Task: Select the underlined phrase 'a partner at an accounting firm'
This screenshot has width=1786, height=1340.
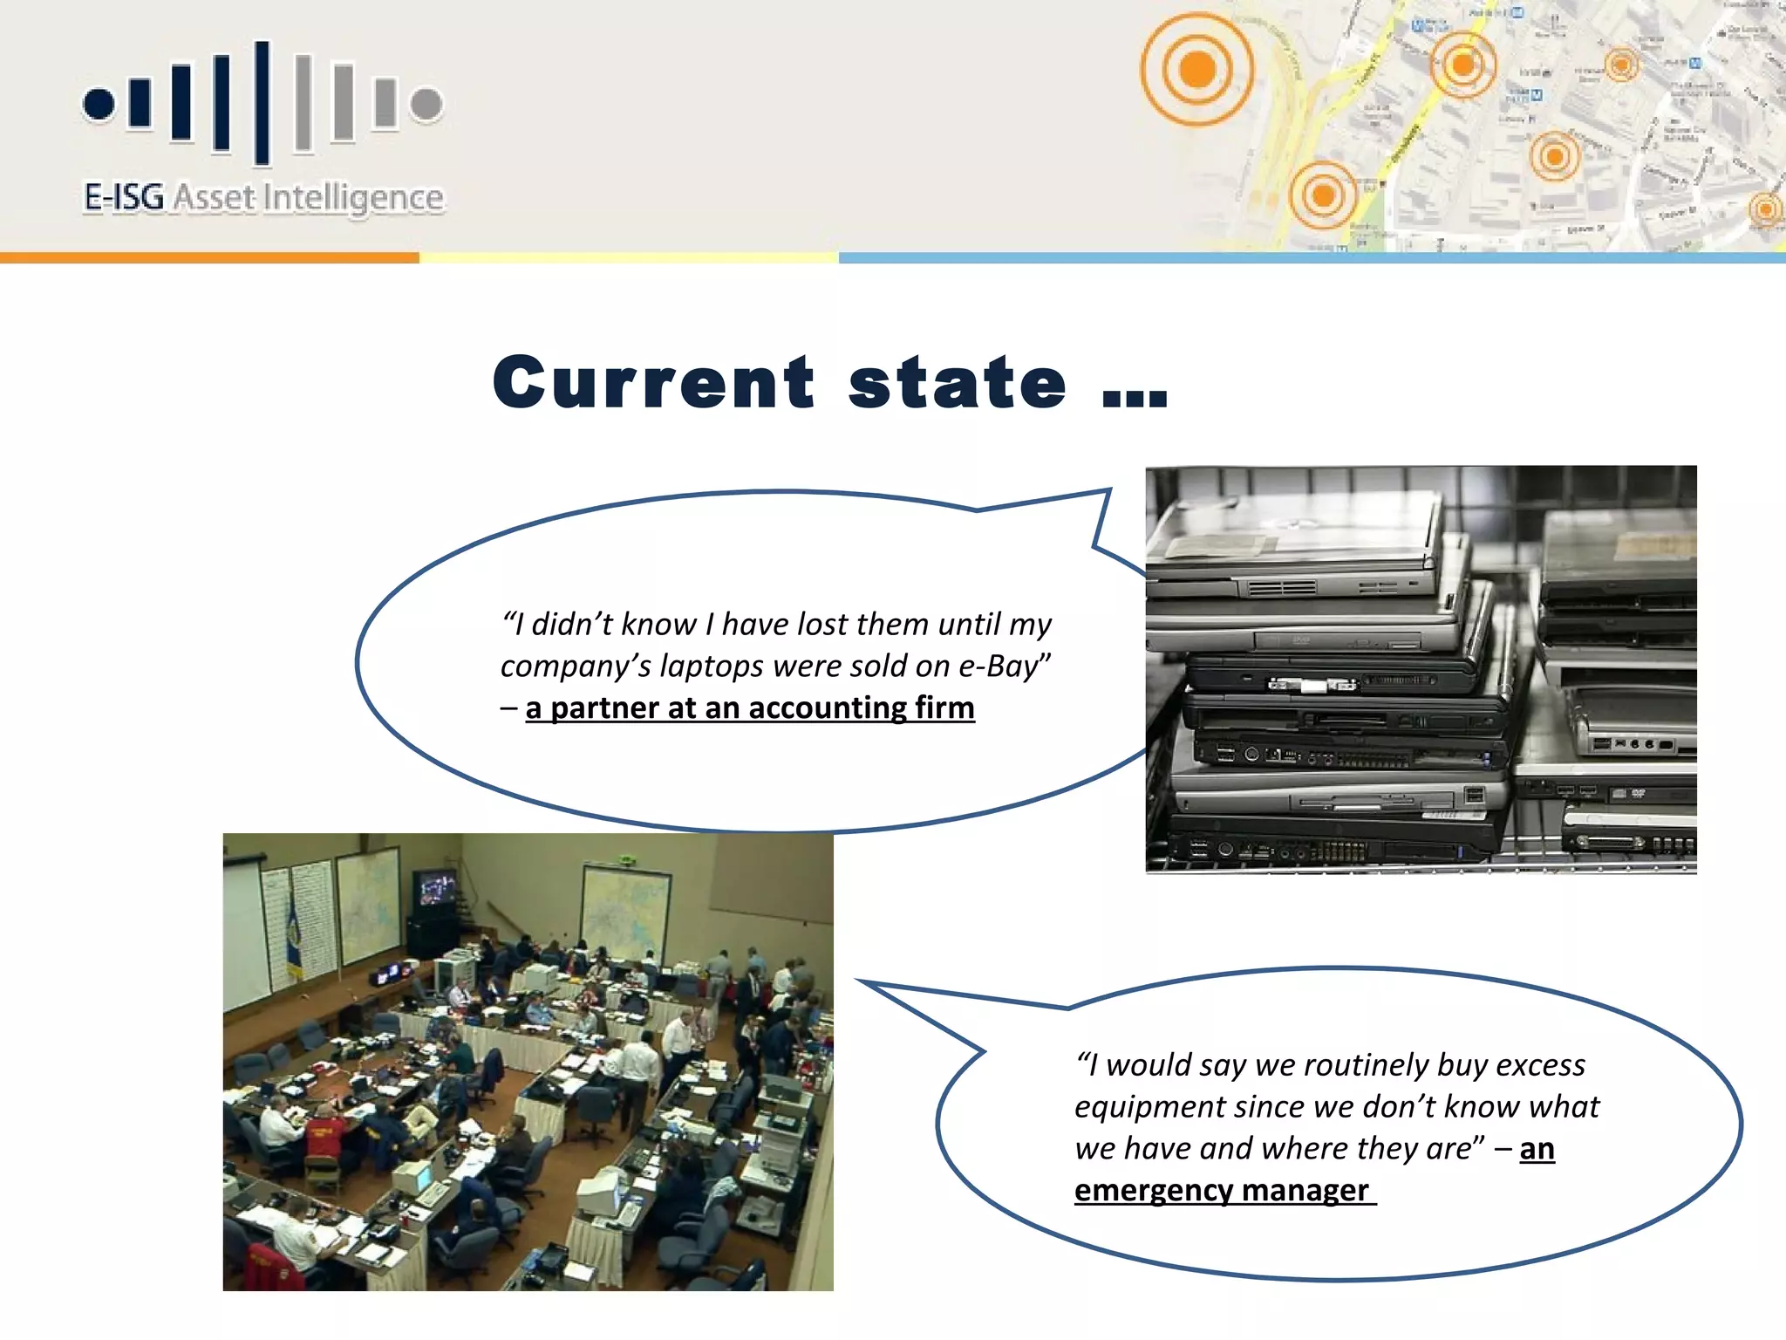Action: pyautogui.click(x=749, y=708)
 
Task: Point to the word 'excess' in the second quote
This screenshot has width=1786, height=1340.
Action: pyautogui.click(x=1540, y=1065)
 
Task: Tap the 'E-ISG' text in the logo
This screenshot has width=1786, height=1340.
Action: pyautogui.click(x=124, y=197)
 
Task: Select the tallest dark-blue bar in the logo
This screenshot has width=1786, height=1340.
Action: pyautogui.click(x=262, y=102)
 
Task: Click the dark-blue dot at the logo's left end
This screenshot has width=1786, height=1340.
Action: pyautogui.click(x=99, y=104)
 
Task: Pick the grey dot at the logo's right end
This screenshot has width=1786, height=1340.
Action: pyautogui.click(x=426, y=104)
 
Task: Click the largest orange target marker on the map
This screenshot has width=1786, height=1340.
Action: pyautogui.click(x=1196, y=68)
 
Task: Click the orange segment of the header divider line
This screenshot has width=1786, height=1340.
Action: pyautogui.click(x=209, y=257)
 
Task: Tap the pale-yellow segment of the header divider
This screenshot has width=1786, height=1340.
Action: pyautogui.click(x=628, y=257)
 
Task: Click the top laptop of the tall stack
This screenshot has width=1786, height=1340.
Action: pyautogui.click(x=1291, y=532)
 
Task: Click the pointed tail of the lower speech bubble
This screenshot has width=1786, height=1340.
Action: pyautogui.click(x=881, y=990)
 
